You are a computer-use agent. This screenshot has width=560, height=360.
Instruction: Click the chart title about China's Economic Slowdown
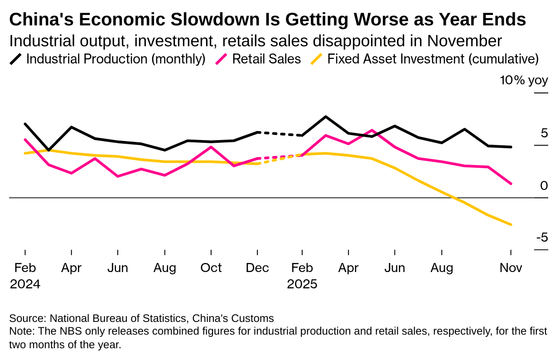pyautogui.click(x=267, y=19)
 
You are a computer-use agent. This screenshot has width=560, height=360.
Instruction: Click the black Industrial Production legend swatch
pyautogui.click(x=16, y=59)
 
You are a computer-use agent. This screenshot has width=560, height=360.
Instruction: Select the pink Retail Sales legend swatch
pyautogui.click(x=222, y=59)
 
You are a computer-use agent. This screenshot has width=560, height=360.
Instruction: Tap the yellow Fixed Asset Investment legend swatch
pyautogui.click(x=317, y=59)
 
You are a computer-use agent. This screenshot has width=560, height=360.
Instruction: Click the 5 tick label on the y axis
pyautogui.click(x=544, y=133)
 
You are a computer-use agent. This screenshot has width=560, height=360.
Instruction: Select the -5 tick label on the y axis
pyautogui.click(x=542, y=238)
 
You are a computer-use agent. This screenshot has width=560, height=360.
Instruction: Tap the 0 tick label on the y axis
pyautogui.click(x=544, y=185)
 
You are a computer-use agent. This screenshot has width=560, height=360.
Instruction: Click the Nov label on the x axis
pyautogui.click(x=511, y=268)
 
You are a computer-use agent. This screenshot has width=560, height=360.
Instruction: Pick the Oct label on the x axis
pyautogui.click(x=211, y=268)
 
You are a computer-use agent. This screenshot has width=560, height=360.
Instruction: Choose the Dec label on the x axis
pyautogui.click(x=257, y=268)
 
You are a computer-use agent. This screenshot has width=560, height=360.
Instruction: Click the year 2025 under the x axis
pyautogui.click(x=302, y=284)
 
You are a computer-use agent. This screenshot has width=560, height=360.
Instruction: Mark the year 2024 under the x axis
pyautogui.click(x=25, y=284)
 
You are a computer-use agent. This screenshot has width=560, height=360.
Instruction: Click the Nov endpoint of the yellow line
pyautogui.click(x=511, y=224)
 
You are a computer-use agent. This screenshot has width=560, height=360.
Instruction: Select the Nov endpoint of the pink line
pyautogui.click(x=511, y=184)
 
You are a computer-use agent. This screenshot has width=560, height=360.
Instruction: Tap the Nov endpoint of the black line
pyautogui.click(x=511, y=147)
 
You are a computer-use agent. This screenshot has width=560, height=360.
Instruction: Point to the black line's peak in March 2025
pyautogui.click(x=326, y=117)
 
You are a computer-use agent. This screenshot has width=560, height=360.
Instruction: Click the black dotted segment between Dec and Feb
pyautogui.click(x=280, y=134)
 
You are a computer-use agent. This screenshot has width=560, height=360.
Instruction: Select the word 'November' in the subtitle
pyautogui.click(x=464, y=41)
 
